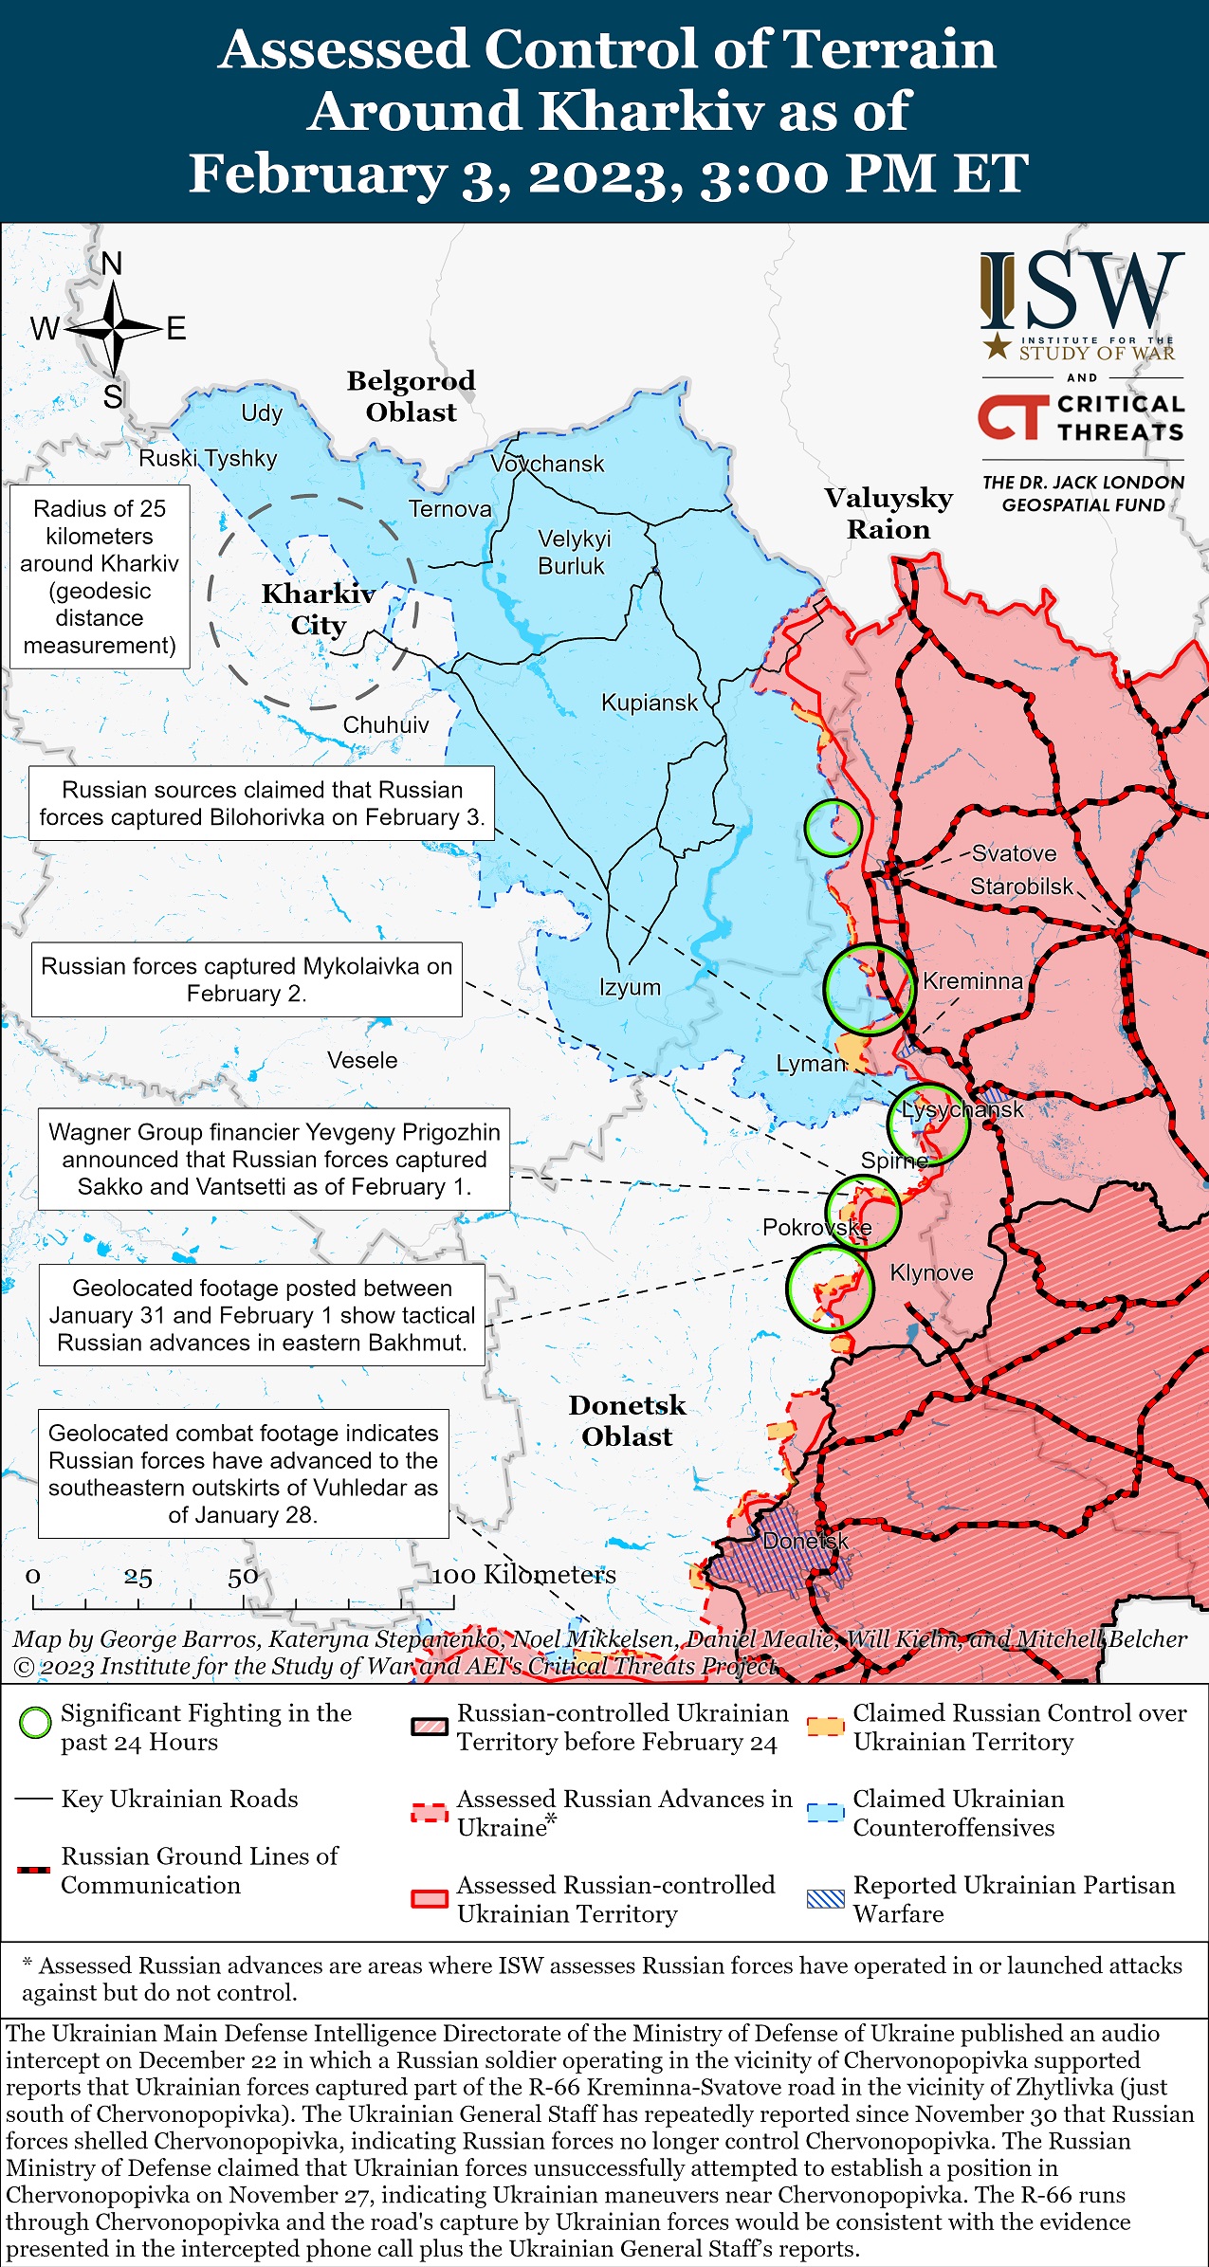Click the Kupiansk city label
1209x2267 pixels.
[x=650, y=703]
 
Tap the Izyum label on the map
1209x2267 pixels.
[x=630, y=987]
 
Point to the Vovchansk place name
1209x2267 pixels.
[x=547, y=464]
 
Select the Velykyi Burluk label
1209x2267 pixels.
[x=574, y=552]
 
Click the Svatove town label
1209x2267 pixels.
[x=1014, y=853]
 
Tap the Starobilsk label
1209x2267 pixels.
[x=1021, y=887]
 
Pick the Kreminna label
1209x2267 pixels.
[x=972, y=981]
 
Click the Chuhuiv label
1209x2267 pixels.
[x=386, y=725]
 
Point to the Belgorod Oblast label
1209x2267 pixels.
[x=411, y=396]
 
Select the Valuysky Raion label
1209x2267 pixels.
[x=888, y=513]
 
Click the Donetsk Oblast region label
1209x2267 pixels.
[x=627, y=1420]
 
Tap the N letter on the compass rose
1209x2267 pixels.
[x=112, y=264]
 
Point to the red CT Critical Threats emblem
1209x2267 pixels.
[x=1013, y=418]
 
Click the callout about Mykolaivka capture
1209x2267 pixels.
[x=247, y=979]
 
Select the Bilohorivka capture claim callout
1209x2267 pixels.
[x=262, y=803]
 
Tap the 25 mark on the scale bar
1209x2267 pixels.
[x=137, y=1578]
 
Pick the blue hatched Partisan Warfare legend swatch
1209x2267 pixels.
[x=825, y=1898]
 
